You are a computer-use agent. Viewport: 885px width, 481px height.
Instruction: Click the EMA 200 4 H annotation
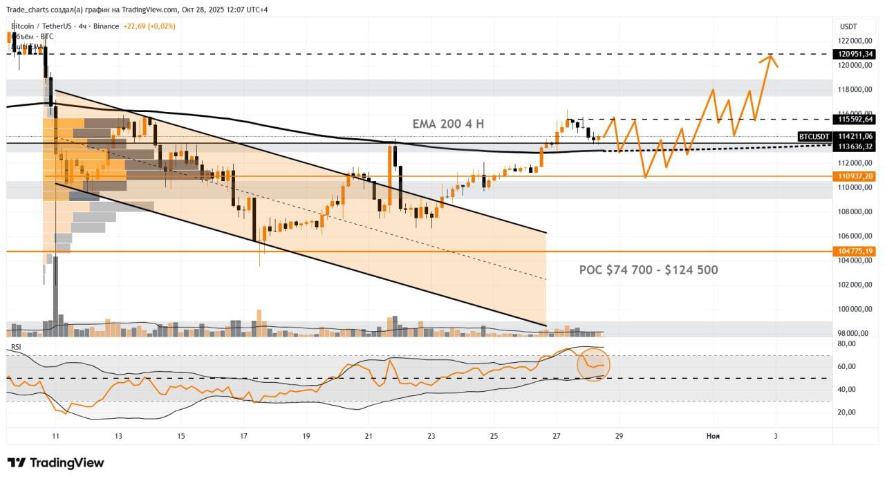[448, 124]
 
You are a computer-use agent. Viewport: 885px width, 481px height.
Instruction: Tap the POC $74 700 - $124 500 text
[648, 270]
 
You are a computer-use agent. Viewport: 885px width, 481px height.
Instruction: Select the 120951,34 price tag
[855, 54]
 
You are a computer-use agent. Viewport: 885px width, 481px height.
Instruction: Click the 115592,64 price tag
[855, 119]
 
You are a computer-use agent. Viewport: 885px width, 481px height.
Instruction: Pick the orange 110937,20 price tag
[855, 176]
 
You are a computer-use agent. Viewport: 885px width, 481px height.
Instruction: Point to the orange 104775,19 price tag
[855, 252]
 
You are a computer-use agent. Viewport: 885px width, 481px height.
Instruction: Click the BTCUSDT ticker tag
[814, 137]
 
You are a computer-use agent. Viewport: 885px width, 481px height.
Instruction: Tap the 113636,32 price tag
[855, 146]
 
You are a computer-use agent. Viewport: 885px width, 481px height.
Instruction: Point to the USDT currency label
[848, 26]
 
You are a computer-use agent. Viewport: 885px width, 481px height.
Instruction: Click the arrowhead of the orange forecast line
[767, 57]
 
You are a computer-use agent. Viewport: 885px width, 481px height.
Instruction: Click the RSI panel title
[15, 346]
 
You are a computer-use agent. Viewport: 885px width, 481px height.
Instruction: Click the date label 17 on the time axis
[243, 436]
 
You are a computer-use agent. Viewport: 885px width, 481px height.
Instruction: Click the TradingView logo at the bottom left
[55, 462]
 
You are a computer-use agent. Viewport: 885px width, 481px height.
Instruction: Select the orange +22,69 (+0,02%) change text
[149, 26]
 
